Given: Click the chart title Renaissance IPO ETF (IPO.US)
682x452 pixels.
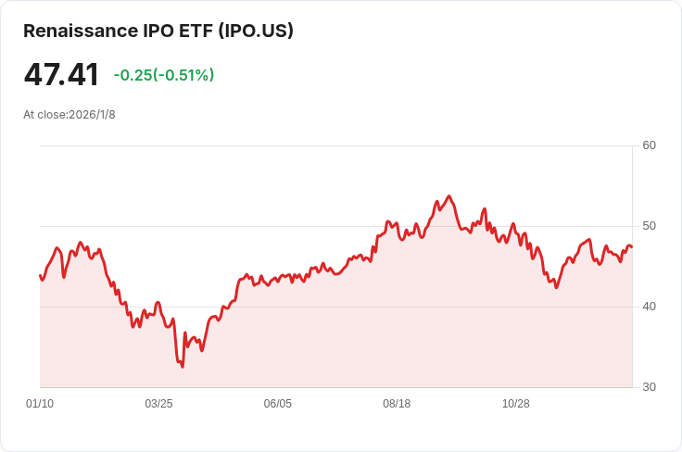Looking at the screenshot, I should (x=158, y=31).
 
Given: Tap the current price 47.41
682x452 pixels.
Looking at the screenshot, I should (x=61, y=75).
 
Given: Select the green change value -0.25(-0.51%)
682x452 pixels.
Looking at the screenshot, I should (x=164, y=75).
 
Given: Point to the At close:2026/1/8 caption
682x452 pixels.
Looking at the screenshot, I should (x=69, y=115).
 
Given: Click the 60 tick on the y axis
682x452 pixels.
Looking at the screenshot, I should (x=649, y=145).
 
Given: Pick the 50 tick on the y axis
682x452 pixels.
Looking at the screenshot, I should (x=649, y=226).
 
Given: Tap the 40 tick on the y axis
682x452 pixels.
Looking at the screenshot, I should (x=649, y=307).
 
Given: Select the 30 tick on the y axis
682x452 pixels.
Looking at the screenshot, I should (x=649, y=387).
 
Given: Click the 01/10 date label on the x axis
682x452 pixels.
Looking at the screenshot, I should (x=40, y=404).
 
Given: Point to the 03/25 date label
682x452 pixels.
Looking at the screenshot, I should (x=158, y=404).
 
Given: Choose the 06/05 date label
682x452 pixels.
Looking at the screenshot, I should (x=278, y=404).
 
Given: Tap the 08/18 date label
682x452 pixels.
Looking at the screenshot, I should (x=397, y=404).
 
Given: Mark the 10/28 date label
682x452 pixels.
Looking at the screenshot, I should (x=515, y=404).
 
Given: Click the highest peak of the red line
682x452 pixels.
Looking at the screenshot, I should (x=448, y=196).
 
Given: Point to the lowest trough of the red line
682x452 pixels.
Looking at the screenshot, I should (x=183, y=367).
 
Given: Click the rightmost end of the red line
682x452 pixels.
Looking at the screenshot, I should (x=632, y=247).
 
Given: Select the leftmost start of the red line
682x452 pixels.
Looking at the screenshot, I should (x=40, y=275).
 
